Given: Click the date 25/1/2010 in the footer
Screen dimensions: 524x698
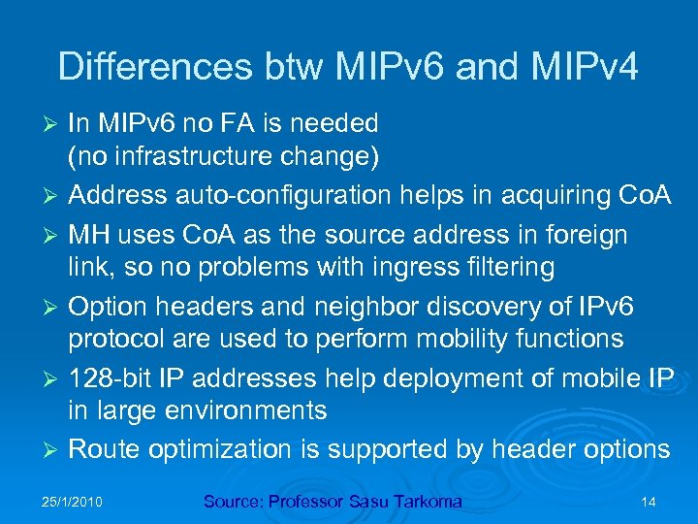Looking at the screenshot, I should (73, 502).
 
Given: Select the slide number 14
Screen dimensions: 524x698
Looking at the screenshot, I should (649, 502).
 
